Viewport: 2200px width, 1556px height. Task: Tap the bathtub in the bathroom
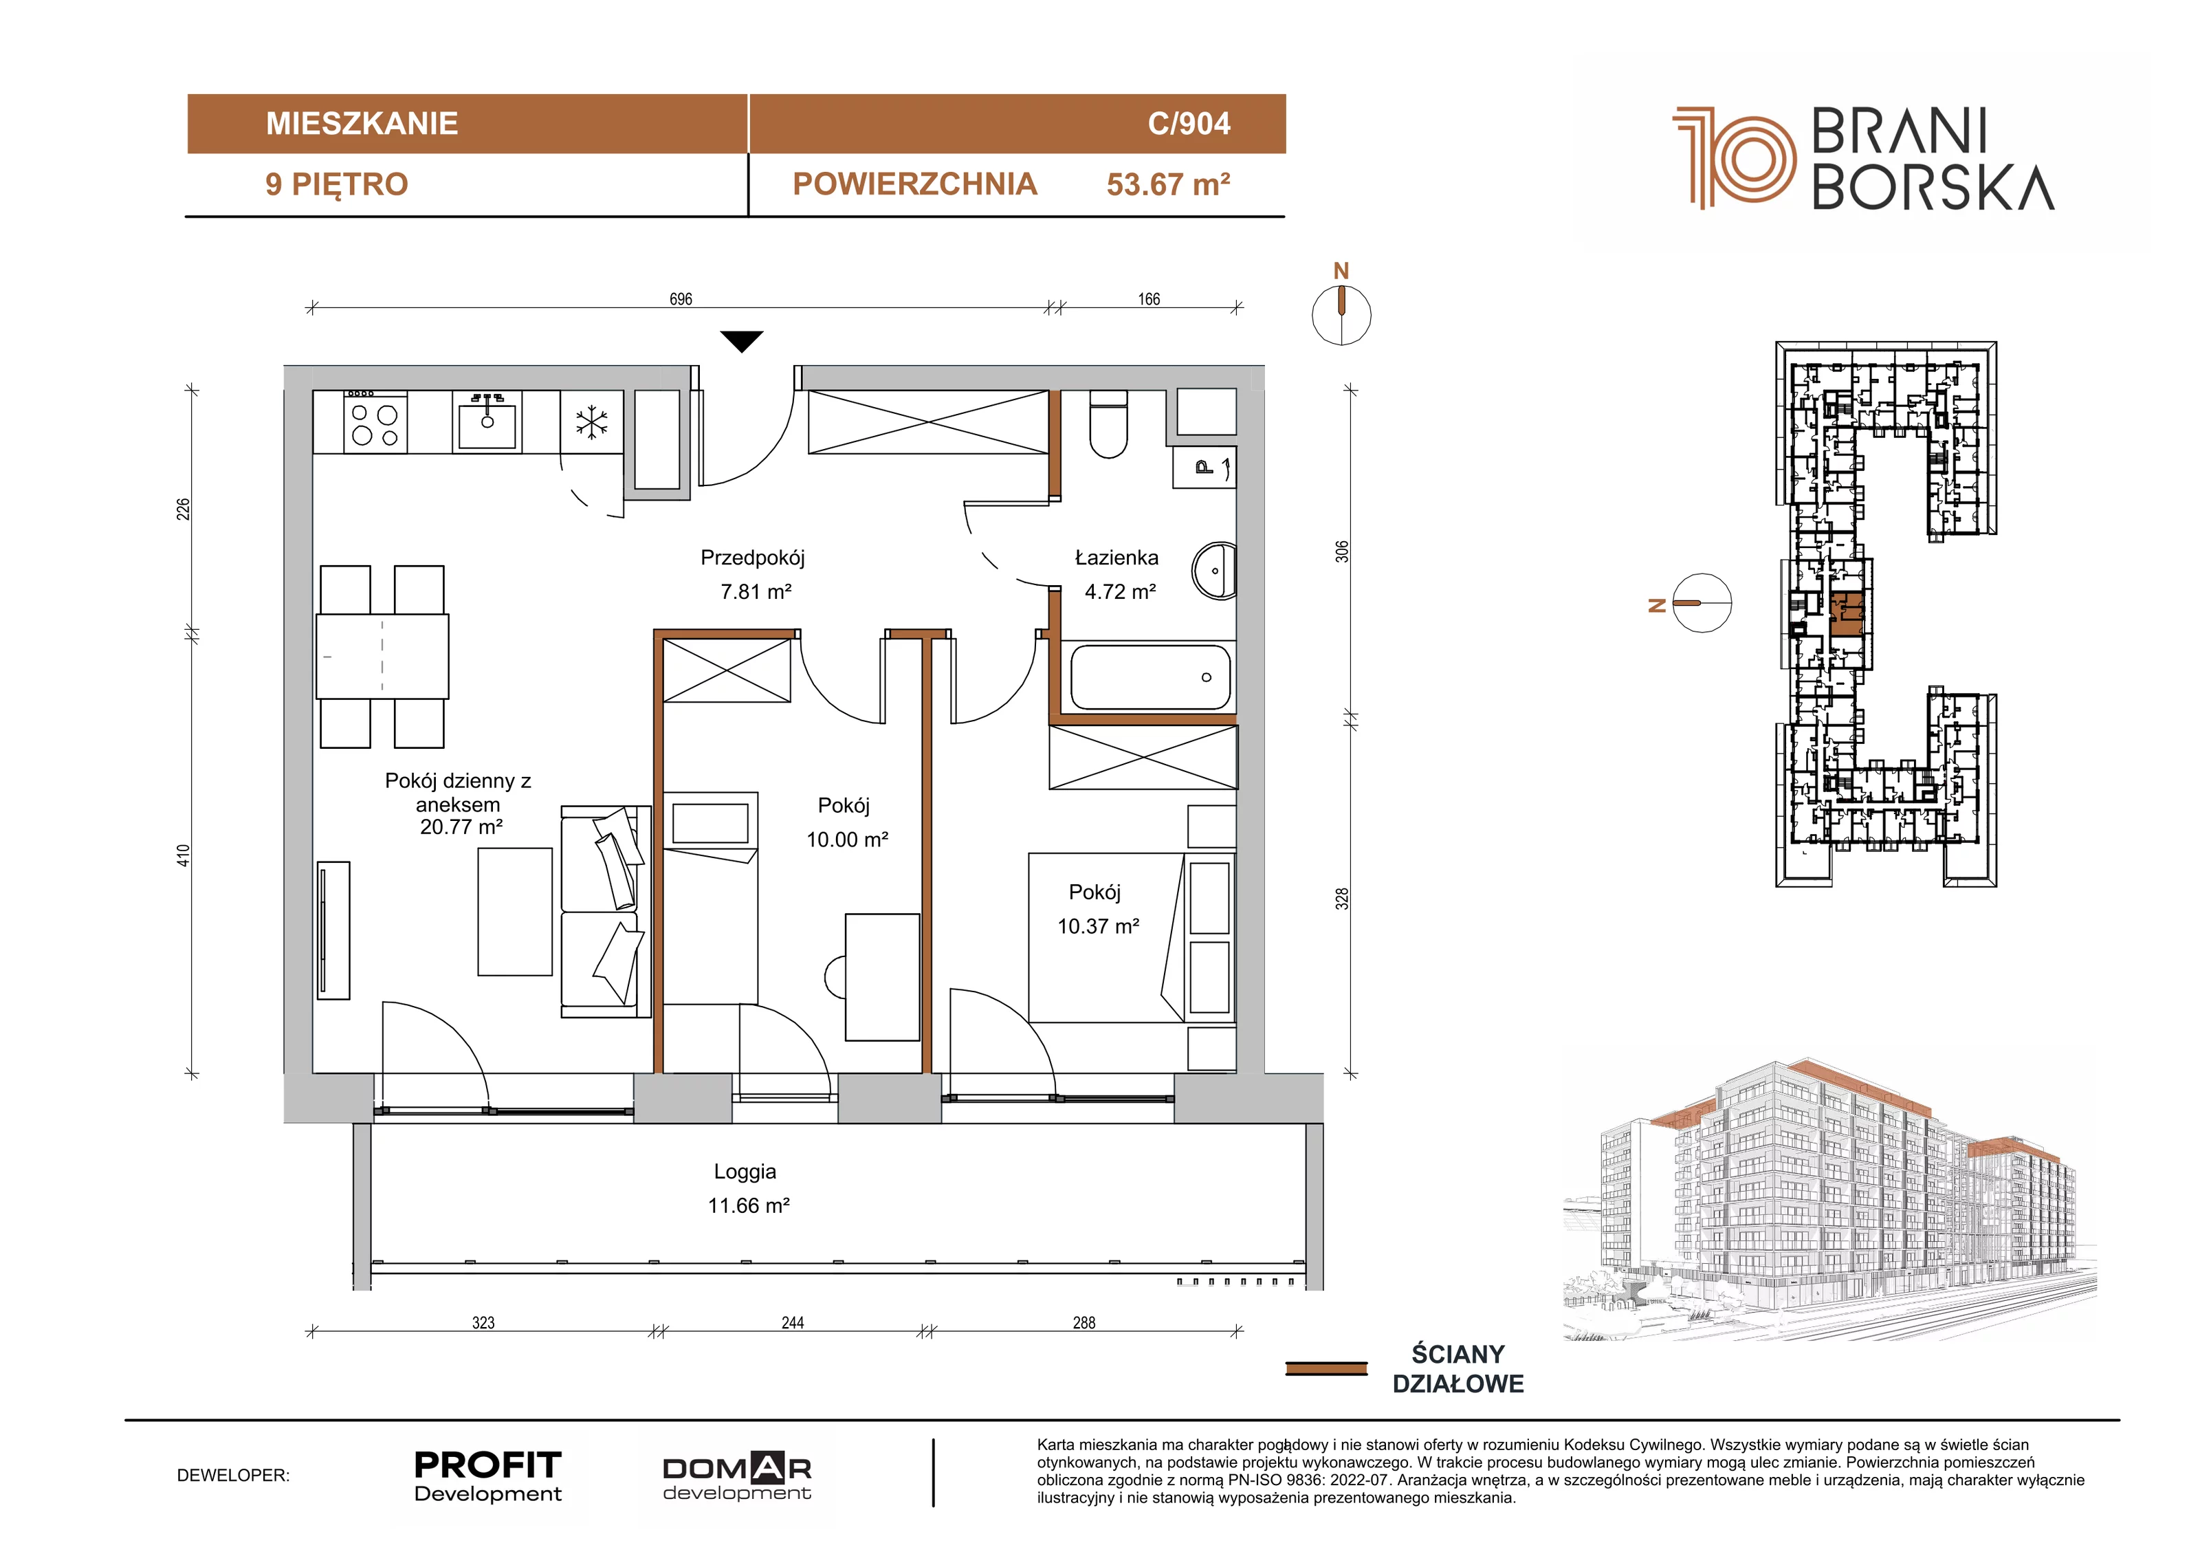tap(1149, 677)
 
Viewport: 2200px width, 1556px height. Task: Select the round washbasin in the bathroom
tap(1214, 571)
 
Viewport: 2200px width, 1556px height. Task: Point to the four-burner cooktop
tap(375, 423)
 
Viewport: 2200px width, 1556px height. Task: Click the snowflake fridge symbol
tap(592, 423)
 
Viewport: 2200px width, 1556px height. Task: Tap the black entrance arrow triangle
tap(742, 341)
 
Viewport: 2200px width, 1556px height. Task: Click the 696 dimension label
tap(681, 299)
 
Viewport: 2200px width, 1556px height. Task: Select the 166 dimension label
tap(1149, 299)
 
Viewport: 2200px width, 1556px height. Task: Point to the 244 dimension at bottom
tap(793, 1322)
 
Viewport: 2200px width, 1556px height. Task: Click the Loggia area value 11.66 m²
tap(749, 1205)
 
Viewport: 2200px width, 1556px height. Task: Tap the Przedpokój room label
tap(752, 558)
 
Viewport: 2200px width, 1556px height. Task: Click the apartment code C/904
tap(1189, 124)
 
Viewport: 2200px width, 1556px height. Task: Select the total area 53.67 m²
tap(1168, 184)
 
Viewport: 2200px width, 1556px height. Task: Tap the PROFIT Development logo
tap(487, 1476)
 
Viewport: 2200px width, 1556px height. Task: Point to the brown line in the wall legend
tap(1326, 1368)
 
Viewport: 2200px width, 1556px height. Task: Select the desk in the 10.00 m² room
tap(881, 976)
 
